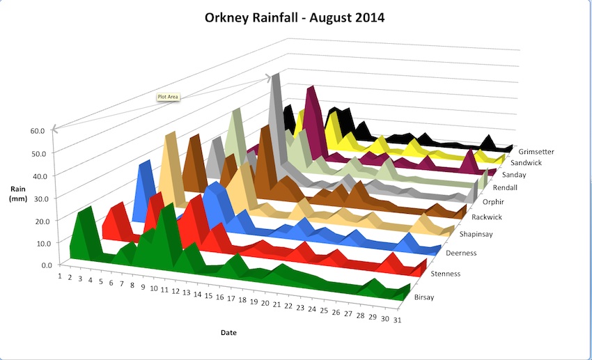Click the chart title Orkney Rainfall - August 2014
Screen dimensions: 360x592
point(295,17)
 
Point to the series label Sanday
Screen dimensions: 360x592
point(513,175)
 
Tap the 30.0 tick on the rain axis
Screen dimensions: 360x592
point(38,198)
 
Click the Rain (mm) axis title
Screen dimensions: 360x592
point(20,194)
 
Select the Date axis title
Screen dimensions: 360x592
point(228,333)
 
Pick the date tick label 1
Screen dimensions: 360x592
point(61,276)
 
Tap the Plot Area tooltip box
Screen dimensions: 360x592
point(168,97)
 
